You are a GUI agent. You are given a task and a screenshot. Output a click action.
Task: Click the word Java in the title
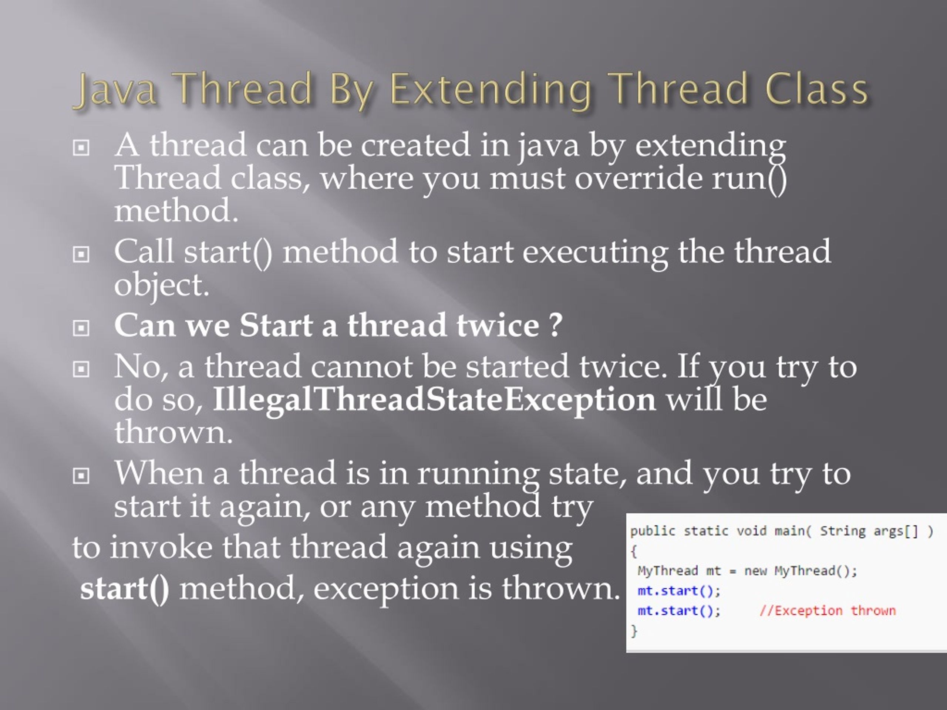pyautogui.click(x=115, y=90)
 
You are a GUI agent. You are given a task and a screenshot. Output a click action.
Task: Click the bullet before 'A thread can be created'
pyautogui.click(x=81, y=148)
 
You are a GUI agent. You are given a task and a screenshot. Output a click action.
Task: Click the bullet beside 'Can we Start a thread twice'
pyautogui.click(x=81, y=328)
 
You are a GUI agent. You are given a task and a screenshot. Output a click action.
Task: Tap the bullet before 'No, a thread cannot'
pyautogui.click(x=81, y=369)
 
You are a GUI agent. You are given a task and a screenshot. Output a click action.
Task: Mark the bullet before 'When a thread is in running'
pyautogui.click(x=81, y=476)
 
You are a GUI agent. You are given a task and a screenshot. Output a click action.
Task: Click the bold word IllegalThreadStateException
pyautogui.click(x=434, y=399)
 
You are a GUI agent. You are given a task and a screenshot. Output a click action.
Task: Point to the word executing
pyautogui.click(x=595, y=253)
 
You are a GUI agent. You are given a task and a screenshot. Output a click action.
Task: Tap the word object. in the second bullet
pyautogui.click(x=162, y=285)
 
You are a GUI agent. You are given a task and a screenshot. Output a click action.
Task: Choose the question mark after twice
pyautogui.click(x=555, y=325)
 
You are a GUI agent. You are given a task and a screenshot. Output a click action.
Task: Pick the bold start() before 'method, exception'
pyautogui.click(x=125, y=588)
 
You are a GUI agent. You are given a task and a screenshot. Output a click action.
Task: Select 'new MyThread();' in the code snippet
pyautogui.click(x=801, y=571)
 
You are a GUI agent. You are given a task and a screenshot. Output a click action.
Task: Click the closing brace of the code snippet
pyautogui.click(x=634, y=630)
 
